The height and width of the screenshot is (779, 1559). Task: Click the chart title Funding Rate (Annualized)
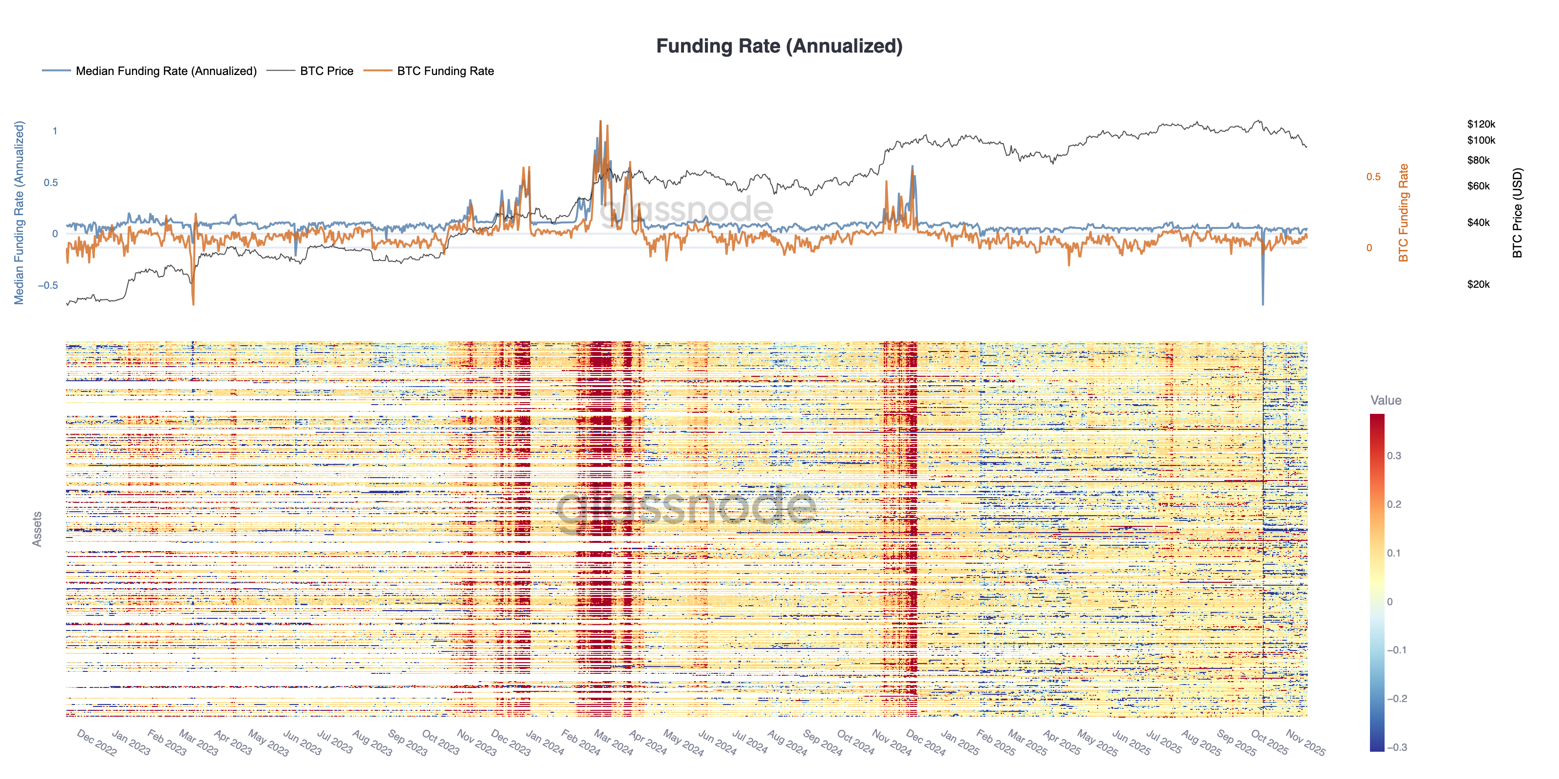(x=779, y=46)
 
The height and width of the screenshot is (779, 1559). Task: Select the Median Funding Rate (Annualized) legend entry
(x=166, y=71)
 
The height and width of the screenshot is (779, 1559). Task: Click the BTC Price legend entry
(x=326, y=71)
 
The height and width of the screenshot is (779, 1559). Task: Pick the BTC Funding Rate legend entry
(x=445, y=71)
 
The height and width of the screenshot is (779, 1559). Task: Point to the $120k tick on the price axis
(x=1481, y=124)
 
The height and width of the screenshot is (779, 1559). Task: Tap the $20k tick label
(x=1478, y=284)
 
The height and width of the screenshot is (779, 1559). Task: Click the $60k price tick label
(x=1478, y=185)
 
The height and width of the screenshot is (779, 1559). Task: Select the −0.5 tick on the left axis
(x=48, y=285)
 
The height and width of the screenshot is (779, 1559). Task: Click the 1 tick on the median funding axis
(x=55, y=130)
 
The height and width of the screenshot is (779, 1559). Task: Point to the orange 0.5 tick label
(x=1373, y=177)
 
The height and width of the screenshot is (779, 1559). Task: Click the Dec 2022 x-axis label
(x=97, y=742)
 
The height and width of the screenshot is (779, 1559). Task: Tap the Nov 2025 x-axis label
(x=1306, y=742)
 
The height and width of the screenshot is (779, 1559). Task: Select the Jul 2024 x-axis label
(x=750, y=742)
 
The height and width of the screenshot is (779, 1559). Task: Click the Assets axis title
(x=37, y=529)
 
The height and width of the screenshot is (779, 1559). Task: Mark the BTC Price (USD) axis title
(x=1517, y=213)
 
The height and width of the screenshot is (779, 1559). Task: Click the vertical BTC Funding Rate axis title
(x=1404, y=213)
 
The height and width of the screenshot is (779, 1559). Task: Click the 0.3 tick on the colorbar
(x=1394, y=455)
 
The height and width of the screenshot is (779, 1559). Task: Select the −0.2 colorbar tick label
(x=1396, y=699)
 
